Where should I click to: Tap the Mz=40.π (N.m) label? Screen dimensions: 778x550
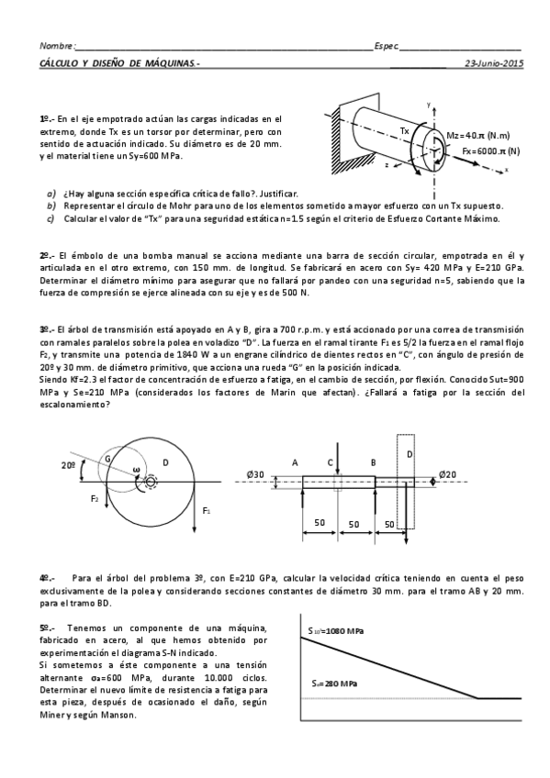(x=477, y=135)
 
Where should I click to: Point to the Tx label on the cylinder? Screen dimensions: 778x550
(x=406, y=131)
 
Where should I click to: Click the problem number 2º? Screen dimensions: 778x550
(x=45, y=254)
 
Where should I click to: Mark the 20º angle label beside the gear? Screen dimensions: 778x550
(x=69, y=466)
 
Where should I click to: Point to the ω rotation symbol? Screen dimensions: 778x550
(x=136, y=471)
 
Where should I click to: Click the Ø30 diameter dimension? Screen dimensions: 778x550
(x=256, y=474)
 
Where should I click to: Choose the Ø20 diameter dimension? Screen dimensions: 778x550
(x=447, y=474)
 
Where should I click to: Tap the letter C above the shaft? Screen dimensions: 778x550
(x=330, y=463)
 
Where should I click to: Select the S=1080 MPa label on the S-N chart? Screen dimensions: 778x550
(x=335, y=630)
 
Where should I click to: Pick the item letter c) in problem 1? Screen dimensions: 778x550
(x=51, y=219)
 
